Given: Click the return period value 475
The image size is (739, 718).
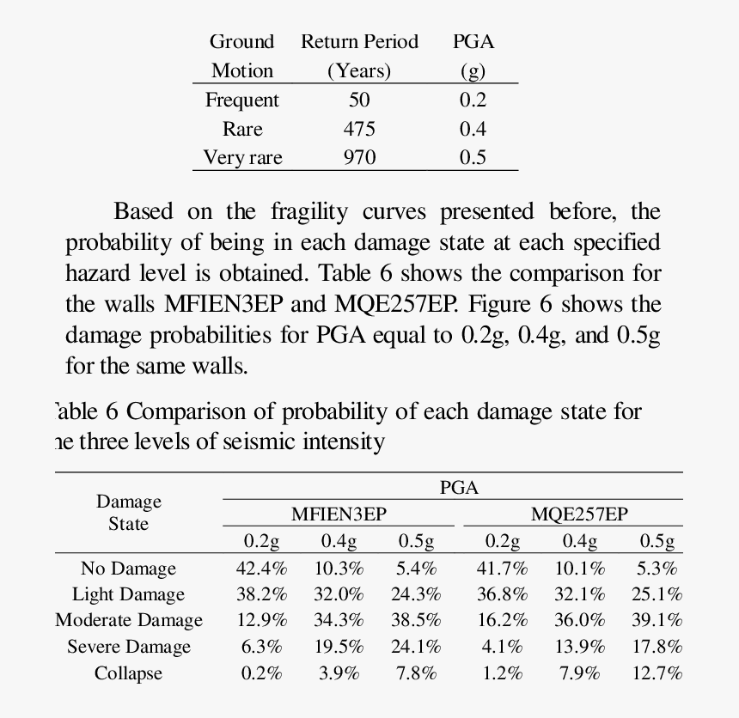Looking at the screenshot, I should [359, 129].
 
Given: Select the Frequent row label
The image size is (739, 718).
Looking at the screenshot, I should [242, 100].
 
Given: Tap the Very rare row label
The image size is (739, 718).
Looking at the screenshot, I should [242, 157].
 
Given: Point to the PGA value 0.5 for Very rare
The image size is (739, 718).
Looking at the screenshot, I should [473, 157].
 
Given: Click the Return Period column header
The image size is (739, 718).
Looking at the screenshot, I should [359, 41].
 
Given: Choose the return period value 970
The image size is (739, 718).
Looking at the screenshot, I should [359, 157].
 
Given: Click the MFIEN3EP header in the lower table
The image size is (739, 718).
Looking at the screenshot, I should [339, 514].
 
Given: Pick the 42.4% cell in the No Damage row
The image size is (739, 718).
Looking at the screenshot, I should [262, 569].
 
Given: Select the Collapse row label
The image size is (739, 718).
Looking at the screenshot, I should [128, 673].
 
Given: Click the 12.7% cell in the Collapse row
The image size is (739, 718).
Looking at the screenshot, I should [657, 673].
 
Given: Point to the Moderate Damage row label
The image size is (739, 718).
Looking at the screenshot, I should [129, 621].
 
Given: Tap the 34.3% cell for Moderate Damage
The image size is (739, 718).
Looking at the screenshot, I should [341, 621].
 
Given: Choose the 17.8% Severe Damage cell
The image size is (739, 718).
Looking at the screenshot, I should [657, 648].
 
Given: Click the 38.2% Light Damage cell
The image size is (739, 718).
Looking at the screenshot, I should [262, 594].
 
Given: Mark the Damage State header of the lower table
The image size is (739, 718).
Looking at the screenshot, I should [129, 513].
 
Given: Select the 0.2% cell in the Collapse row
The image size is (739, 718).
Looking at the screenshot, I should [262, 673].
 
